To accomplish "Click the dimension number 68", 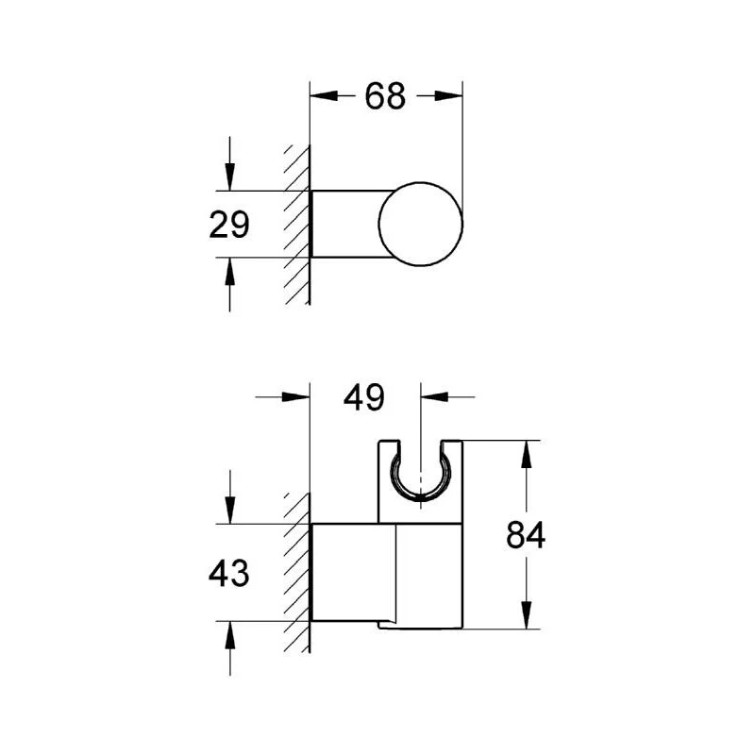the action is (385, 96).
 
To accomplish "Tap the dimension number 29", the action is (229, 225).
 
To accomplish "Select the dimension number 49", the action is (364, 397).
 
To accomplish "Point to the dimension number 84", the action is (526, 534).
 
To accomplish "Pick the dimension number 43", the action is (228, 573).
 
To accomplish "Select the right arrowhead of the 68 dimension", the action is (448, 96).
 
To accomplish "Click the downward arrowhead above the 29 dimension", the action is (229, 176).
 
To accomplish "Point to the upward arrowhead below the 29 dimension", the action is (229, 272).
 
